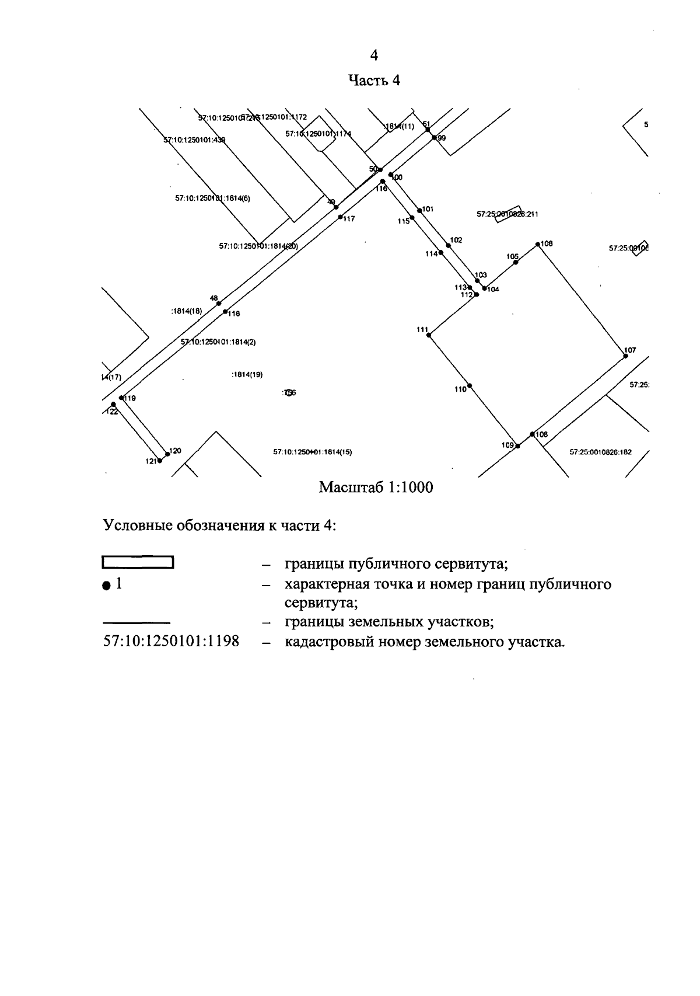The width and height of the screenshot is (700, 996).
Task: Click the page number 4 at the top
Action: [x=374, y=55]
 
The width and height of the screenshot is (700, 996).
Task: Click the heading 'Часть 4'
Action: [x=374, y=80]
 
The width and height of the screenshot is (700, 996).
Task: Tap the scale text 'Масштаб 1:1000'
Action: [x=376, y=487]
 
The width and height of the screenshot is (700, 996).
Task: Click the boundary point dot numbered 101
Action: [x=419, y=210]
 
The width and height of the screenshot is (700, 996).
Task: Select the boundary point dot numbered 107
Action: [x=625, y=356]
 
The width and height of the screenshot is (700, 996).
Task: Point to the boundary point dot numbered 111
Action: [x=430, y=335]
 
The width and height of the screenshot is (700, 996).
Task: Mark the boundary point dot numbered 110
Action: [x=470, y=386]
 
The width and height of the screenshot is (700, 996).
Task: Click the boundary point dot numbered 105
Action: [x=516, y=262]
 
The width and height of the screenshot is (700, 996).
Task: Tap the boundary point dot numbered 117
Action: [x=340, y=217]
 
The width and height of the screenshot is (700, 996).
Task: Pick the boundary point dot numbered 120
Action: [x=167, y=454]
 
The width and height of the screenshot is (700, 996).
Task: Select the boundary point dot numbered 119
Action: [x=121, y=398]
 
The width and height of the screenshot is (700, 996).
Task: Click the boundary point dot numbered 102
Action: [x=448, y=246]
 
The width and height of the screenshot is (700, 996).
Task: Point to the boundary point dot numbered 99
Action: [x=434, y=138]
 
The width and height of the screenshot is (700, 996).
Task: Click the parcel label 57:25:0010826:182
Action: [x=600, y=452]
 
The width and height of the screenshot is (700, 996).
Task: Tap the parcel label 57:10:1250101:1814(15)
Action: [x=313, y=452]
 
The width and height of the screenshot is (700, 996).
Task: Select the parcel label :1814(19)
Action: [x=247, y=375]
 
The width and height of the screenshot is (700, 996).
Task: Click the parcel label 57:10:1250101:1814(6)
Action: [x=212, y=198]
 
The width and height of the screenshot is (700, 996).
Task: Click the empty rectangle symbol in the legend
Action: [x=138, y=563]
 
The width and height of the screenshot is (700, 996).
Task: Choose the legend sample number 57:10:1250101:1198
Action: [x=171, y=641]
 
